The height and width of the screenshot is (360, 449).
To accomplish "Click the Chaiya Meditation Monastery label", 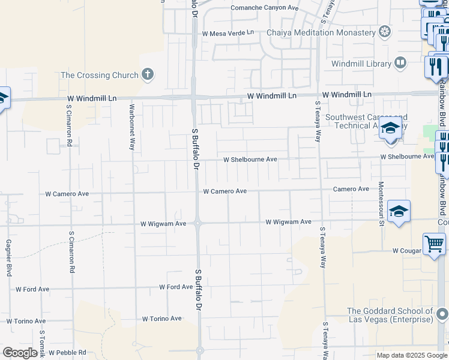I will (x=321, y=32).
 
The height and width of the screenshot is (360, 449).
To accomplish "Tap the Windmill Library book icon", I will (x=400, y=63).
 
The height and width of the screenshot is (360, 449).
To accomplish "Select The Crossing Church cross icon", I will (x=147, y=75).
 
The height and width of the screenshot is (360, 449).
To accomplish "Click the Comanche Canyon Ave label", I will (x=265, y=8).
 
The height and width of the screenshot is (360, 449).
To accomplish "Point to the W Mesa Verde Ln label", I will (x=228, y=34).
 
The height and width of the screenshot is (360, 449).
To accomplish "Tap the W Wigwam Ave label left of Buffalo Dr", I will (x=163, y=223).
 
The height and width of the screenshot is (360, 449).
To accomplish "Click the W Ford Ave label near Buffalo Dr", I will (x=175, y=287).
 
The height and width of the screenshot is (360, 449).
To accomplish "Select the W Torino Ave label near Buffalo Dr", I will (x=161, y=319).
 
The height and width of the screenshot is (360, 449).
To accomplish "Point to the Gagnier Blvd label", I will (x=8, y=259).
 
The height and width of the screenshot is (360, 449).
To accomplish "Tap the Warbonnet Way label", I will (x=132, y=127).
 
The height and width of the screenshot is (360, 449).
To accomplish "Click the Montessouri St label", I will (x=381, y=204).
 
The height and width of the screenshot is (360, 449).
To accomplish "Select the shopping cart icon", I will (x=434, y=244).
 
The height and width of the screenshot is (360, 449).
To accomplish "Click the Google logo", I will (x=20, y=353).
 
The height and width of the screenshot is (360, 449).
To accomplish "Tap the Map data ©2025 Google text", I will (x=411, y=355).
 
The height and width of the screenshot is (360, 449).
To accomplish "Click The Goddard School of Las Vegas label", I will (x=390, y=315).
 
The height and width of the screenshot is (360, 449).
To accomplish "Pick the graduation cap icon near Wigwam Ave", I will (x=399, y=211).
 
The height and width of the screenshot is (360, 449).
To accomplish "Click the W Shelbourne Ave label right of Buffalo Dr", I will (x=250, y=160).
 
